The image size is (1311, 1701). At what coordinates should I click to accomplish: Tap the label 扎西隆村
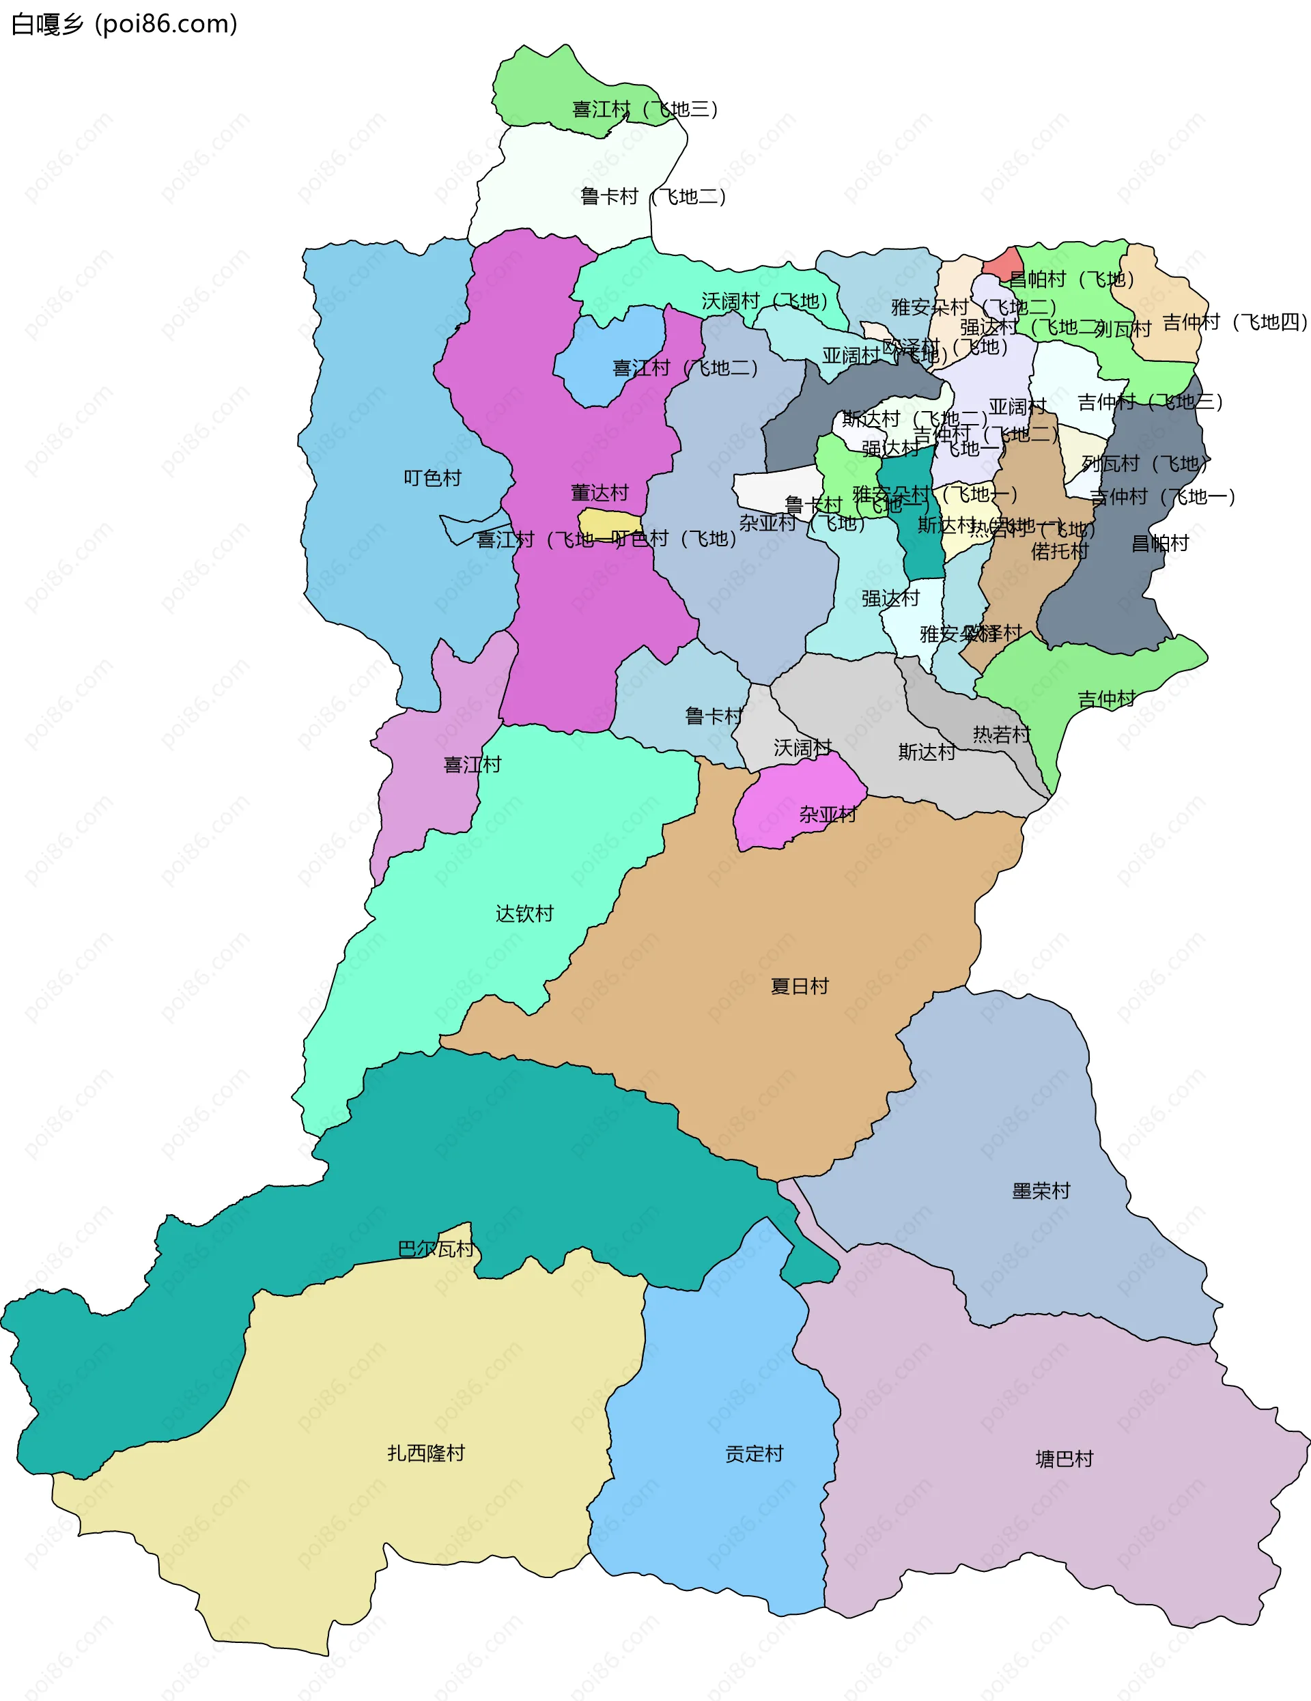coord(425,1452)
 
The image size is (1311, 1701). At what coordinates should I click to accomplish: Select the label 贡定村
coord(753,1453)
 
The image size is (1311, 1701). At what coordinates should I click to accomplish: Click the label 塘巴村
coord(1064,1459)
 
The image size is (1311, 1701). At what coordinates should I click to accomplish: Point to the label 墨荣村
coord(1041,1191)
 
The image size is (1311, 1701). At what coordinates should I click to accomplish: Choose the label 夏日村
coord(799,986)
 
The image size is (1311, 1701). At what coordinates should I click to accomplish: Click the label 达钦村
coord(524,914)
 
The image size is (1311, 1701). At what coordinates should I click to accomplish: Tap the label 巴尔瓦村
coord(436,1249)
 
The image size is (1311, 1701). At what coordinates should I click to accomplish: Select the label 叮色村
coord(432,477)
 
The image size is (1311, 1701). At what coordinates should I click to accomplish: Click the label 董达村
coord(599,493)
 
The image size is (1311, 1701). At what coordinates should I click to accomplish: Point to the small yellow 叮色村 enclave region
coord(609,522)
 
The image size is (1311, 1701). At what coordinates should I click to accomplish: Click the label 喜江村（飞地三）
coord(645,109)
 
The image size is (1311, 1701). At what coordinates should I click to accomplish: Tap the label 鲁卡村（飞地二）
coord(653,196)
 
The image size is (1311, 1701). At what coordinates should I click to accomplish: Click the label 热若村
coord(1001,735)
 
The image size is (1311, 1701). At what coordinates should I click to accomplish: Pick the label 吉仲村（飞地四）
coord(1235,322)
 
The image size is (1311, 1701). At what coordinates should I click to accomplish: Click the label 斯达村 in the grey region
coord(926,752)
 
